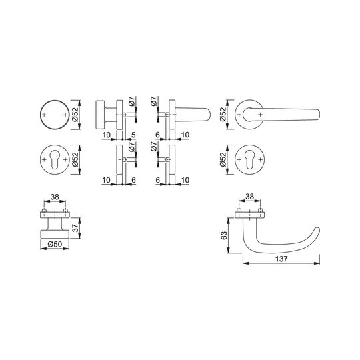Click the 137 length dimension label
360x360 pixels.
(281, 259)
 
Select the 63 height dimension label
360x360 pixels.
(224, 235)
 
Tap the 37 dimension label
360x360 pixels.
(75, 228)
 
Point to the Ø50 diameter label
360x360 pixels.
(55, 244)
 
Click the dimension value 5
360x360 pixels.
(133, 135)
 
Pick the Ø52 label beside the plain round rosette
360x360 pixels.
(75, 115)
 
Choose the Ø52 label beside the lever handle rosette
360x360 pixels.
(223, 115)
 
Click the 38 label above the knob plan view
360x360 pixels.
(55, 197)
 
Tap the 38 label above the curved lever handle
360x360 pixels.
(249, 197)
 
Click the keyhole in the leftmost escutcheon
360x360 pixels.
(55, 159)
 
